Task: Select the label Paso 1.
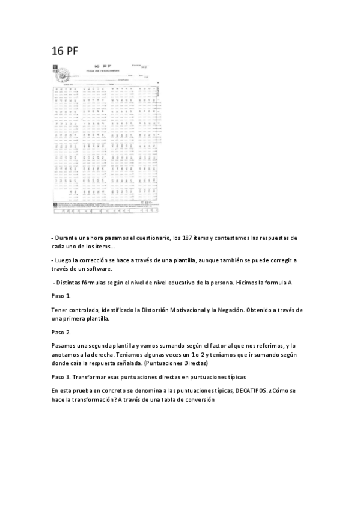(x=61, y=296)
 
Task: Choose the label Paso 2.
(x=61, y=332)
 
